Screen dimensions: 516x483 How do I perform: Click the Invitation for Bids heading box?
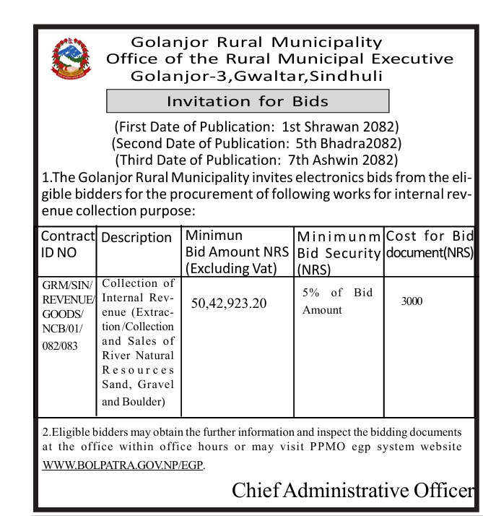click(248, 101)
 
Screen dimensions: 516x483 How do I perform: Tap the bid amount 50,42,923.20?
click(229, 303)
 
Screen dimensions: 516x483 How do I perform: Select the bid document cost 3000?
click(412, 301)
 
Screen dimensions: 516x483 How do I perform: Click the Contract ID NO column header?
click(67, 244)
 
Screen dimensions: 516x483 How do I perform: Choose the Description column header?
click(137, 237)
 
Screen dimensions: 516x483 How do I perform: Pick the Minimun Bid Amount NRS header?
click(238, 252)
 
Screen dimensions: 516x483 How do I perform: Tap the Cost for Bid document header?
click(430, 244)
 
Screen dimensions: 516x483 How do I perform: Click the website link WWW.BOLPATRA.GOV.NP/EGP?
click(123, 465)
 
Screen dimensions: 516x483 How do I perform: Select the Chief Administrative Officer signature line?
click(353, 490)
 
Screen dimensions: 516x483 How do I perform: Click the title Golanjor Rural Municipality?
click(256, 43)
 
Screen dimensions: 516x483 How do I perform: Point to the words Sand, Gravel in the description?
click(139, 385)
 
